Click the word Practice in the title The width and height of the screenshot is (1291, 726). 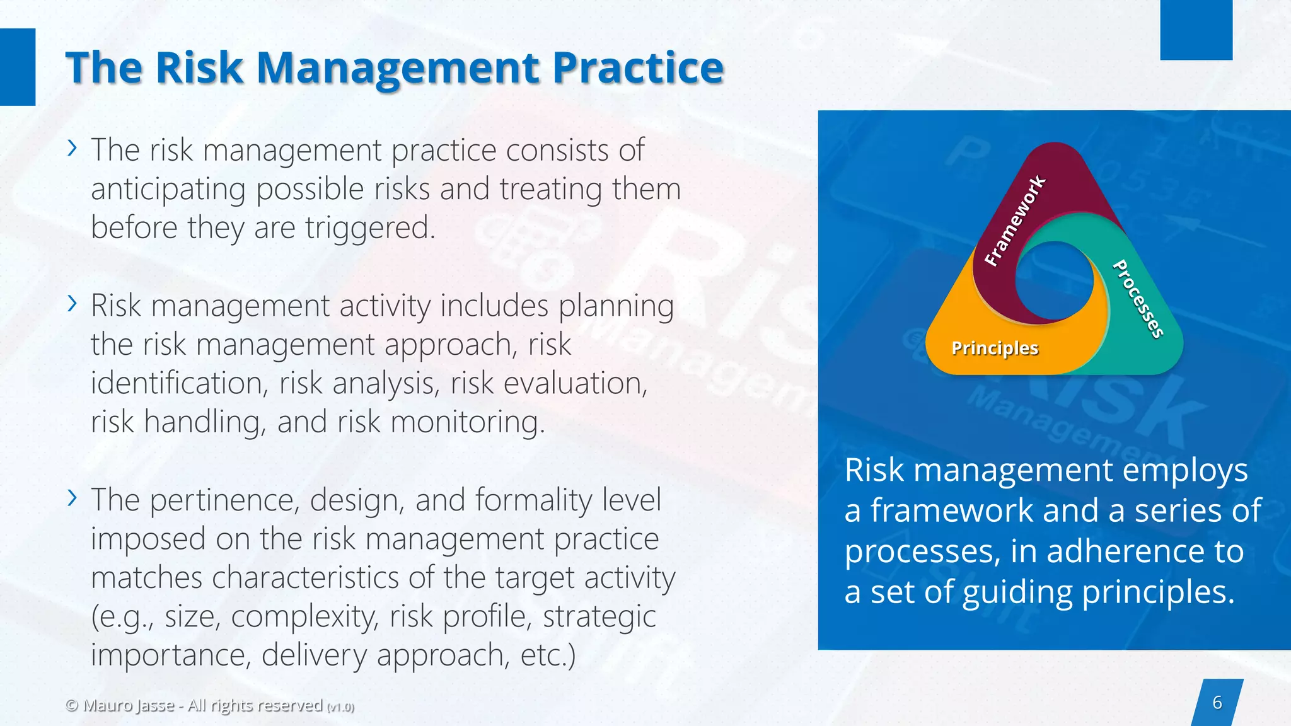638,67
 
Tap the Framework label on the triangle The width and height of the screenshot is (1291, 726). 1014,221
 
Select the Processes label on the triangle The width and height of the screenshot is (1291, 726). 1138,299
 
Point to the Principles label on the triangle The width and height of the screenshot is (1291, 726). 994,348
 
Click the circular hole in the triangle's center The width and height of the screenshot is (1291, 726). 1054,280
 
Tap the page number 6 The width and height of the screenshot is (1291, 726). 1217,702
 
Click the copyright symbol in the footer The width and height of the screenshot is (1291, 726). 72,705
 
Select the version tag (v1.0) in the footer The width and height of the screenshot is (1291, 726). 340,707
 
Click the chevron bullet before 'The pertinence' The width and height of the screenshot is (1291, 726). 72,498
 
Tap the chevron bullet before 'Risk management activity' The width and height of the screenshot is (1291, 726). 72,304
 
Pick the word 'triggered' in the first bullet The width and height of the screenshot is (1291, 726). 369,228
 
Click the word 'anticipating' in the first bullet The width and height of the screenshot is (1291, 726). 168,190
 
